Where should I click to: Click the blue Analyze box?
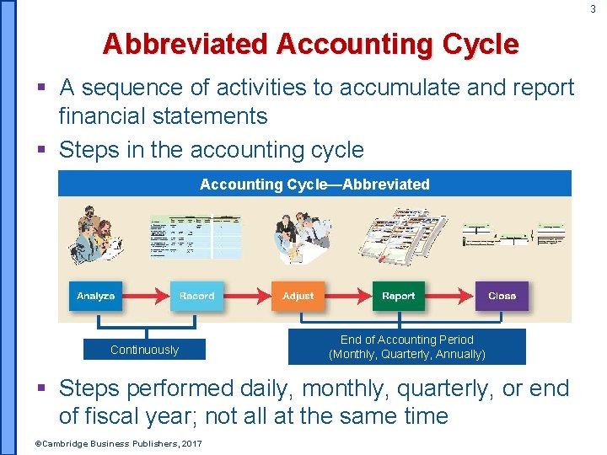pos(95,296)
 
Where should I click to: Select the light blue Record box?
pos(196,296)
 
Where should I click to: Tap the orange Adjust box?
pos(298,296)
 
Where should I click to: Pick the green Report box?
pos(399,296)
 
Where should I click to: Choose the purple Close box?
pos(502,296)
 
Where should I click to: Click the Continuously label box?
pos(144,350)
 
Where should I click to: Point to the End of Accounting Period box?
pos(406,346)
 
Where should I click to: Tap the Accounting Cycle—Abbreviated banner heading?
pos(314,184)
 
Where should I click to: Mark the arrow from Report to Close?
pos(450,296)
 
